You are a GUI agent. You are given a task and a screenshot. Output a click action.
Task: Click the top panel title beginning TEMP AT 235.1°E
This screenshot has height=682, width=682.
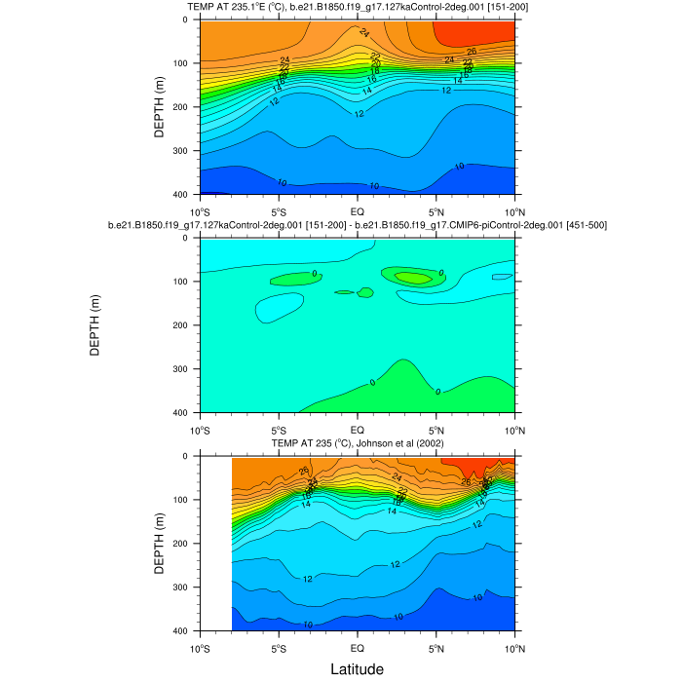pyautogui.click(x=357, y=9)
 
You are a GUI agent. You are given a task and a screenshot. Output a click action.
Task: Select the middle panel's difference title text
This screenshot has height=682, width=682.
pyautogui.click(x=357, y=226)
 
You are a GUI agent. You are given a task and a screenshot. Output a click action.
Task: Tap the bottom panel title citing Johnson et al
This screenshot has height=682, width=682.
pyautogui.click(x=357, y=444)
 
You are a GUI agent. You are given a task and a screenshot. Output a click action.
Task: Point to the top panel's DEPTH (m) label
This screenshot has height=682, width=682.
pyautogui.click(x=159, y=107)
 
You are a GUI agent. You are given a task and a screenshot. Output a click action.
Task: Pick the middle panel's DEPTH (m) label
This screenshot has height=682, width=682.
pyautogui.click(x=95, y=325)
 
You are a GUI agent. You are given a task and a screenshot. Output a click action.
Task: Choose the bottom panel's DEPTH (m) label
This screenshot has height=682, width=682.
pyautogui.click(x=159, y=544)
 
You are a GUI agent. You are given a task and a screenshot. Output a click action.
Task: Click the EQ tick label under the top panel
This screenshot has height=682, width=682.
pyautogui.click(x=357, y=211)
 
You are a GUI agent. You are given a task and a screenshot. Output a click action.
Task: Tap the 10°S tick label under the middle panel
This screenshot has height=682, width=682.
pyautogui.click(x=200, y=430)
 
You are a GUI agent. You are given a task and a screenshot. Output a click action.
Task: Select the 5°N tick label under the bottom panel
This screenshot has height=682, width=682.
pyautogui.click(x=436, y=648)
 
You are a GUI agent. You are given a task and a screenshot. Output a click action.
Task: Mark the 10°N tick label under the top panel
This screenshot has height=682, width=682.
pyautogui.click(x=513, y=211)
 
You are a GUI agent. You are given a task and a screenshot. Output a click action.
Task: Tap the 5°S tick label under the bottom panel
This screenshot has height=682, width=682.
pyautogui.click(x=278, y=648)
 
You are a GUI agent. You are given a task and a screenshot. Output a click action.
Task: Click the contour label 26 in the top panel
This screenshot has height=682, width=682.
pyautogui.click(x=472, y=51)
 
